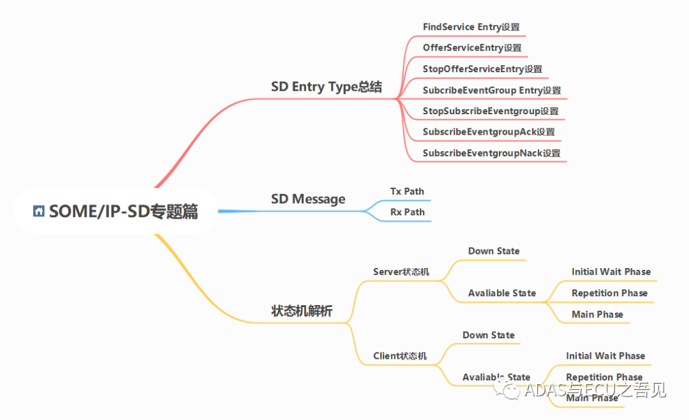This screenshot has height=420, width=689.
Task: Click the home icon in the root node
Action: [x=39, y=211]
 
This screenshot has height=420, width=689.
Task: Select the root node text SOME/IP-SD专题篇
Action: [x=123, y=211]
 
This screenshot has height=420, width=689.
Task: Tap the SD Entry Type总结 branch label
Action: [x=326, y=87]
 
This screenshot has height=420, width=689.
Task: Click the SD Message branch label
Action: [x=308, y=199]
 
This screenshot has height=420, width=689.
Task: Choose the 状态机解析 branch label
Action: [x=302, y=311]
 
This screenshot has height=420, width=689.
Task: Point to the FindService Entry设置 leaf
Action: [x=471, y=27]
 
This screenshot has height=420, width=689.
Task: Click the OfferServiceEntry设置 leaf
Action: [x=471, y=48]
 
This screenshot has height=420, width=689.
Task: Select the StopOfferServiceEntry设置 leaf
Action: [x=482, y=69]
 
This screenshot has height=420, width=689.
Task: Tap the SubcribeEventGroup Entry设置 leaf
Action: [x=491, y=90]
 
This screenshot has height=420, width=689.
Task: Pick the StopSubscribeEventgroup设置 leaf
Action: [x=490, y=111]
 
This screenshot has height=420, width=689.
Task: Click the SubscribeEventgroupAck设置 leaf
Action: [x=488, y=132]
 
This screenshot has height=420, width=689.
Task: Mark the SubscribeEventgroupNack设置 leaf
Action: [x=491, y=153]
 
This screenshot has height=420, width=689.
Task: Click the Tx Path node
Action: [x=407, y=191]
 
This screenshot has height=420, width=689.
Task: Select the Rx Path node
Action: [x=407, y=212]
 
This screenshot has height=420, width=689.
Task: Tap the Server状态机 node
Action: [x=401, y=272]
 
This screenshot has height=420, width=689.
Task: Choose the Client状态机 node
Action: [x=399, y=356]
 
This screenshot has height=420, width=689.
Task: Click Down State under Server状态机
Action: [x=494, y=251]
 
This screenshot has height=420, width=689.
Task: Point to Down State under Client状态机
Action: [x=488, y=335]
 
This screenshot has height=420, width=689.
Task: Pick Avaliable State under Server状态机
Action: [x=501, y=293]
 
